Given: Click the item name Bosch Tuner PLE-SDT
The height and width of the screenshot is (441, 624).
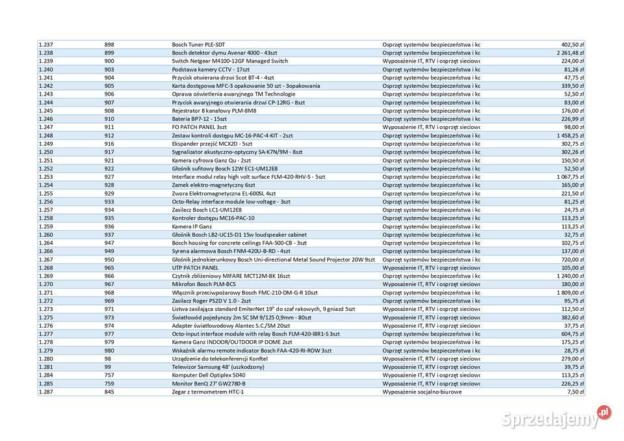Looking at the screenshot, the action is pos(198,44).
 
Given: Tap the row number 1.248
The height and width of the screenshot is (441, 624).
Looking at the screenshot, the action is pos(45,135).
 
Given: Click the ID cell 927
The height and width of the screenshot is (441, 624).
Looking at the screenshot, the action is pos(109,176).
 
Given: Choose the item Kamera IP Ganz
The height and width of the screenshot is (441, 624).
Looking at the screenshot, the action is pos(192,226).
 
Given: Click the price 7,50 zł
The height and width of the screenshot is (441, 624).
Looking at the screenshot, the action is pos(575,392).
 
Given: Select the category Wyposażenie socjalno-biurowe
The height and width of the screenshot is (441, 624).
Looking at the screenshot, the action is pos(422,392).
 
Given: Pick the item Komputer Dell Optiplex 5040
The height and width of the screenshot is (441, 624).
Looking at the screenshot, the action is pos(209,375).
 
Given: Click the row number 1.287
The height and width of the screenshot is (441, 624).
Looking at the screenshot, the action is pos(45,392).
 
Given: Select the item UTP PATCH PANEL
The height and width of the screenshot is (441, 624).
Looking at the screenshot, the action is pos(195,267).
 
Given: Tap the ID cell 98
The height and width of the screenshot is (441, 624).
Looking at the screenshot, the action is pos(107,359).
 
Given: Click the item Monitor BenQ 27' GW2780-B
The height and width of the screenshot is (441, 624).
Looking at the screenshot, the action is pos(209,384).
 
